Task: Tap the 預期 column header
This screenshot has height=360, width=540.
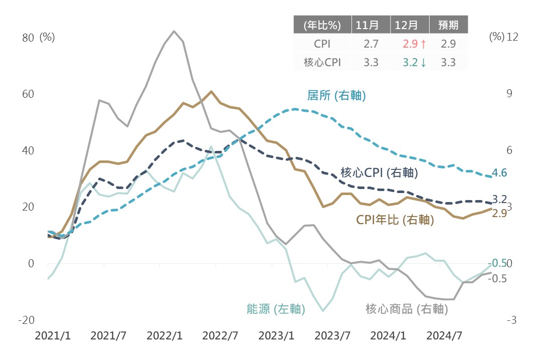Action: [x=448, y=25]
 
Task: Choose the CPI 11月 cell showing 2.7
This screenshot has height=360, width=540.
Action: [x=371, y=44]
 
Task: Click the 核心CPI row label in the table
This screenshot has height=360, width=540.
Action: [x=322, y=62]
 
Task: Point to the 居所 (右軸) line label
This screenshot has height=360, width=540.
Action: [x=336, y=95]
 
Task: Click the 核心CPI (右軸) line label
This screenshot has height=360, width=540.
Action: [x=379, y=172]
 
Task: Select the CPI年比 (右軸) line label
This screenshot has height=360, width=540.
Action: [x=395, y=219]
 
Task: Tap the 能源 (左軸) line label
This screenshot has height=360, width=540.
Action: [x=276, y=309]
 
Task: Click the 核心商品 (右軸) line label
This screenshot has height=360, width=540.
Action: [x=406, y=309]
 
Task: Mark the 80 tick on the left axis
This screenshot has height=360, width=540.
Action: [x=28, y=38]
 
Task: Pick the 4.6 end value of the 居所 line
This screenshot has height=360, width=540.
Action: [x=500, y=173]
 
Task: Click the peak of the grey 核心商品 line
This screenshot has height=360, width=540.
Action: [x=174, y=31]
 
